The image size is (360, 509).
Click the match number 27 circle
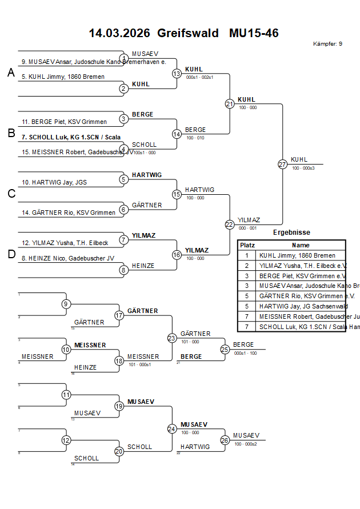click(282, 164)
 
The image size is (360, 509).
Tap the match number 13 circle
click(177, 73)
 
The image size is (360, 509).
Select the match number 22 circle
click(229, 225)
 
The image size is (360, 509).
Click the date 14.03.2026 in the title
click(119, 33)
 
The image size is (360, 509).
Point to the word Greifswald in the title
click(188, 33)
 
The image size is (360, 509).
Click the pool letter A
click(11, 73)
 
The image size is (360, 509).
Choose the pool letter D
click(11, 254)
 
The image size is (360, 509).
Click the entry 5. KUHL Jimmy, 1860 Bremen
click(63, 77)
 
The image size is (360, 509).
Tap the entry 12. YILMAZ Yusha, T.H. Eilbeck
click(65, 243)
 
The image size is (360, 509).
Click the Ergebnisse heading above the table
click(291, 233)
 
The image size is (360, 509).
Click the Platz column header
click(247, 245)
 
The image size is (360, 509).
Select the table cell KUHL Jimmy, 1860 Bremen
click(297, 255)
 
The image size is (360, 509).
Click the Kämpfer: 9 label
click(327, 44)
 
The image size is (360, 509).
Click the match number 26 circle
click(225, 440)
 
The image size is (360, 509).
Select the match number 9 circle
click(66, 304)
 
